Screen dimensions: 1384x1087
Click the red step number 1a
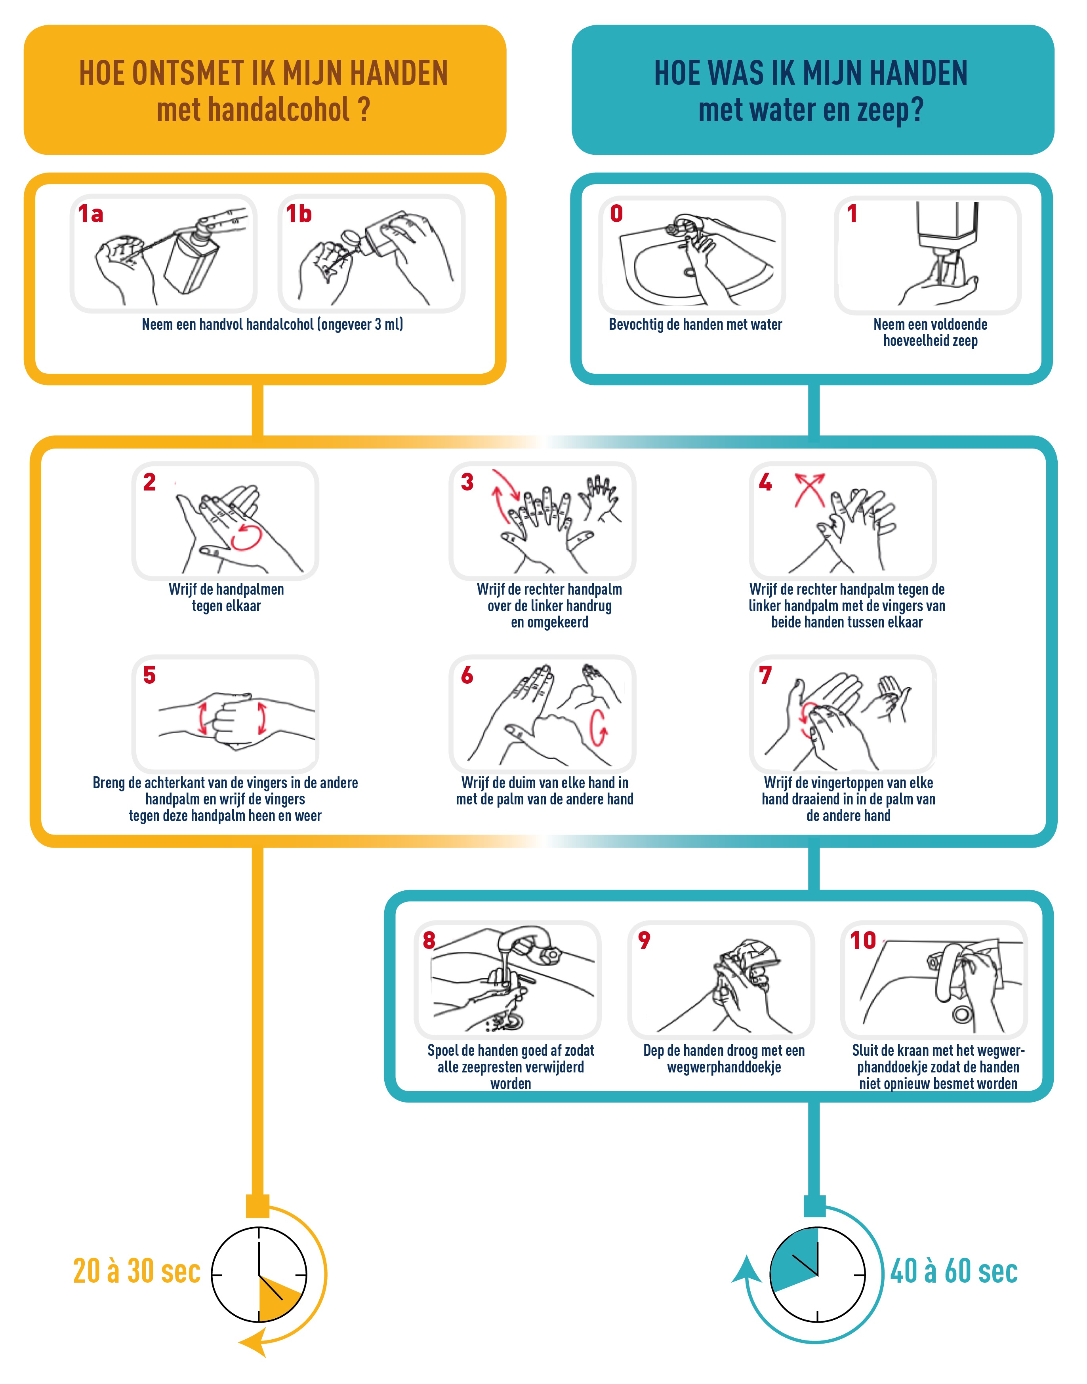coord(90,214)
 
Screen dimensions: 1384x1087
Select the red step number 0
coord(616,214)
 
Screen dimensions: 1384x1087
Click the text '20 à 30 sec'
coord(137,1272)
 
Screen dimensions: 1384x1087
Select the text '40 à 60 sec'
coord(954,1272)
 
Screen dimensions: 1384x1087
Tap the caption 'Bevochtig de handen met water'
coord(695,324)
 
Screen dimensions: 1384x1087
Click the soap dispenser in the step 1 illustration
coord(947,229)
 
